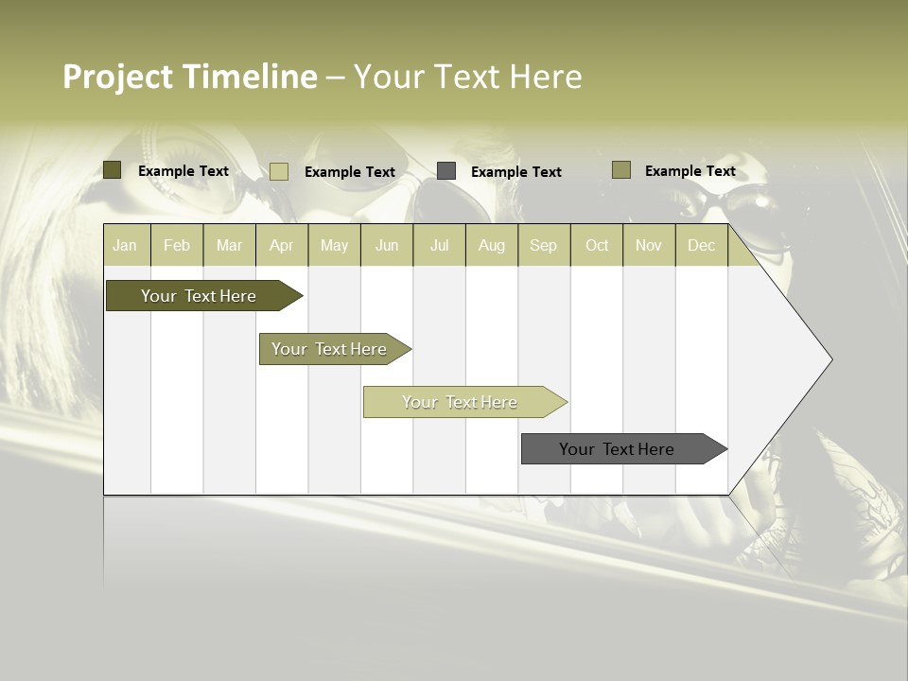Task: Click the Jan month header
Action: (125, 245)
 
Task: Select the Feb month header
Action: (177, 245)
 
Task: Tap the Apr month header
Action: (281, 245)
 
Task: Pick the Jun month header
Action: (387, 245)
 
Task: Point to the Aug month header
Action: (492, 245)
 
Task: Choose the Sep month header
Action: (543, 245)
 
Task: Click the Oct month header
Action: (597, 245)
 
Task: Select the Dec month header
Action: (701, 245)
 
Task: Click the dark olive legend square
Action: (113, 170)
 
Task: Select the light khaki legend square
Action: (279, 171)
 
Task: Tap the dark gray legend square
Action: (446, 170)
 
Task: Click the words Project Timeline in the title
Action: (190, 77)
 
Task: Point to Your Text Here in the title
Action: (467, 77)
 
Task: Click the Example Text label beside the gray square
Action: (515, 172)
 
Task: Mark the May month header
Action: (334, 245)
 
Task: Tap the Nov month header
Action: (649, 245)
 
